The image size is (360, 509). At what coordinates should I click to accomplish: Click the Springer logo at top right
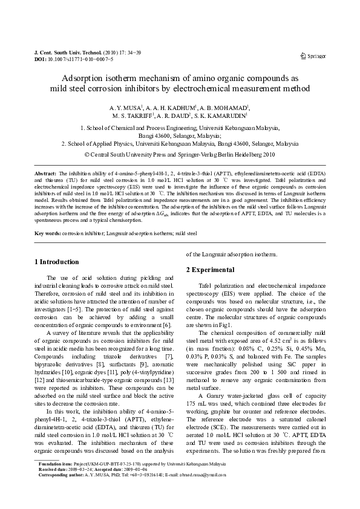[x=313, y=56]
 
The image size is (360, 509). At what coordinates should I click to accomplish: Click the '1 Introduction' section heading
[x=56, y=262]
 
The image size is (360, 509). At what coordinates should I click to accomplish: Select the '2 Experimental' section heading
[x=211, y=269]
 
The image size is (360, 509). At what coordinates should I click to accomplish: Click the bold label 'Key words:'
[x=48, y=233]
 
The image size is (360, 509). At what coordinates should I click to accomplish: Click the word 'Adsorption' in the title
[x=85, y=79]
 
